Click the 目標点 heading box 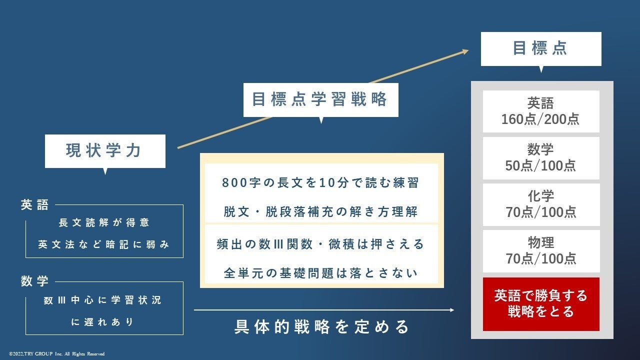click(x=540, y=48)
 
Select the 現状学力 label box click(x=105, y=151)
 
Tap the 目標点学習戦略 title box click(x=320, y=99)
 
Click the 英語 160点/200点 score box click(x=540, y=111)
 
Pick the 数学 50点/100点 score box click(x=540, y=158)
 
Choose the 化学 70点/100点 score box click(x=540, y=204)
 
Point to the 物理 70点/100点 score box click(x=540, y=250)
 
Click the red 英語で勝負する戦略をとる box click(x=540, y=303)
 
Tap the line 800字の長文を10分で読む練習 click(x=320, y=183)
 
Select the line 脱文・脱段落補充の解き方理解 click(x=320, y=211)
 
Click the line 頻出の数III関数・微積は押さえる click(x=320, y=244)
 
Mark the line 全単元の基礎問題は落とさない click(x=320, y=273)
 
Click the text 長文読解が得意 click(x=104, y=222)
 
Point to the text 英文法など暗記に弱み click(x=104, y=245)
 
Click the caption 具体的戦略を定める click(x=322, y=327)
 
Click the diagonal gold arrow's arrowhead click(x=466, y=50)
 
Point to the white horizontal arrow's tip click(x=452, y=310)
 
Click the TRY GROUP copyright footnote click(x=56, y=354)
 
